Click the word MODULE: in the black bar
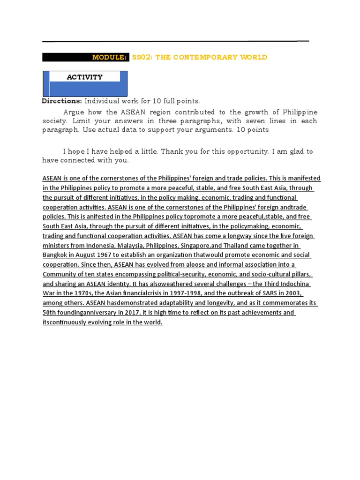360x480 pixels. click(x=109, y=57)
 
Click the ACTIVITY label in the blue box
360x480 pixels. click(x=85, y=77)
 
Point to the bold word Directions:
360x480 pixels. click(x=62, y=101)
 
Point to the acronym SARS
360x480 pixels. click(x=269, y=293)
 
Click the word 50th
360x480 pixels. click(x=49, y=313)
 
